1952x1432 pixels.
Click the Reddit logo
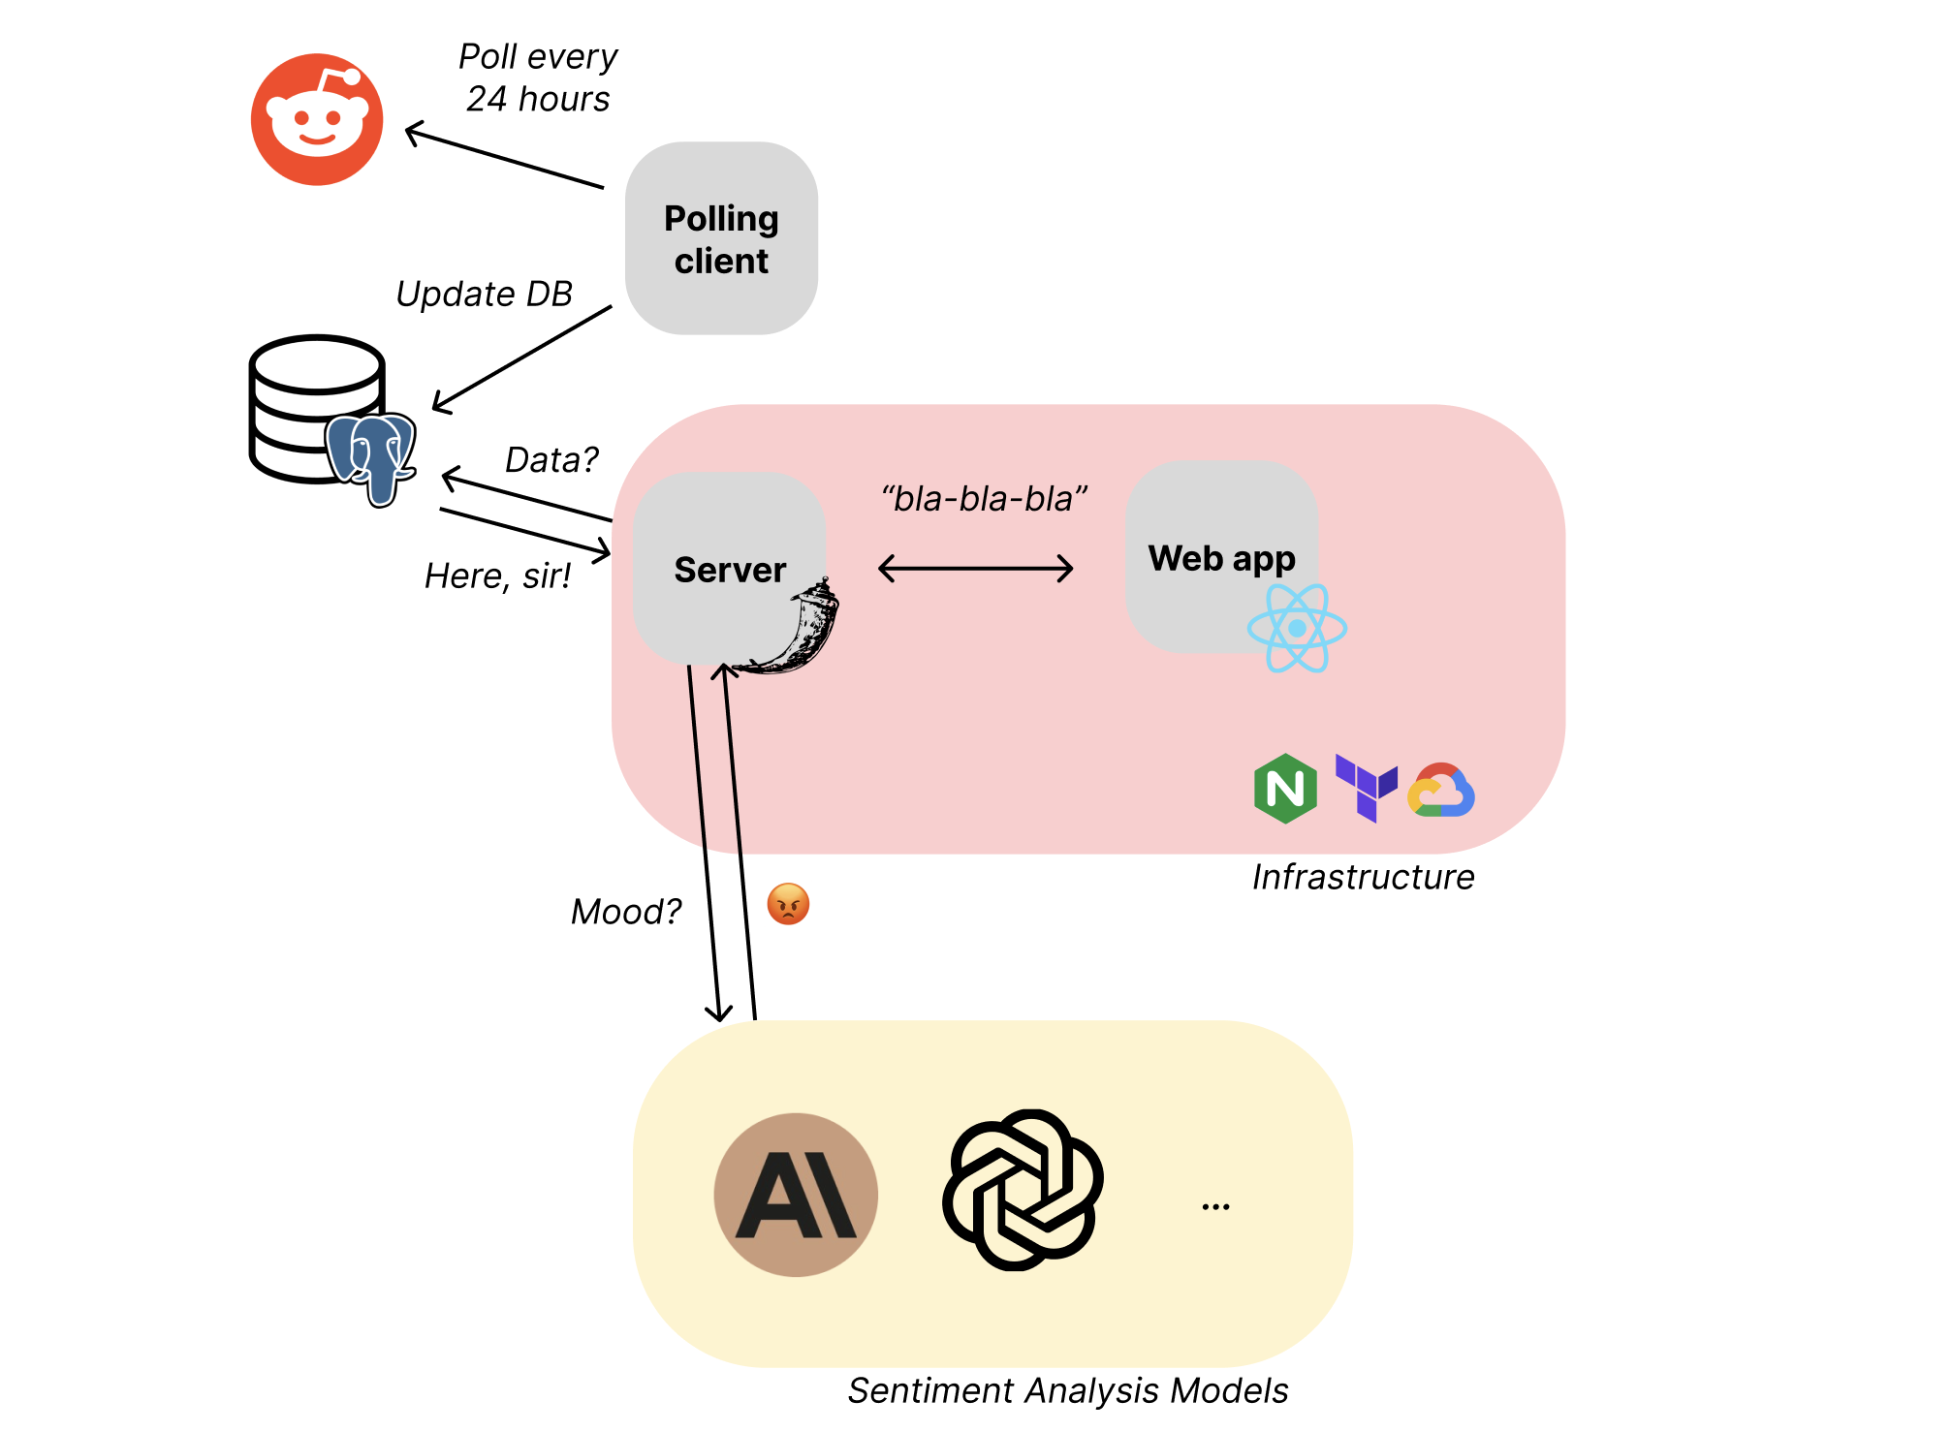[317, 119]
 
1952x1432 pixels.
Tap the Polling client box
[721, 238]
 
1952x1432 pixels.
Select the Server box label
[730, 570]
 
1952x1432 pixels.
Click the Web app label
[1221, 559]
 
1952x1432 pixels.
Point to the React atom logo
[1297, 628]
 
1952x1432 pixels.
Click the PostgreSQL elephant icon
[371, 459]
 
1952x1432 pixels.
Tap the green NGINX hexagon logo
[1285, 789]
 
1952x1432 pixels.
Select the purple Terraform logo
[1367, 788]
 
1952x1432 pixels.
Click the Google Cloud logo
[1441, 790]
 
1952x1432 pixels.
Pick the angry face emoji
[788, 904]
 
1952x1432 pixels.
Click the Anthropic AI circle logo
[796, 1195]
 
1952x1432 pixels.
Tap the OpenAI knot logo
[1023, 1190]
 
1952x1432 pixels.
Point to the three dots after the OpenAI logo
[1215, 1207]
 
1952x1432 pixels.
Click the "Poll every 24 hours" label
[538, 78]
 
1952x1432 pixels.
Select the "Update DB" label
[485, 294]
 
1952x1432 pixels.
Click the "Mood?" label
[626, 912]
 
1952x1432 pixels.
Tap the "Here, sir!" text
[498, 576]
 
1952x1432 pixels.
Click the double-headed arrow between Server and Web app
[975, 568]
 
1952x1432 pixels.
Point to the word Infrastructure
[1364, 877]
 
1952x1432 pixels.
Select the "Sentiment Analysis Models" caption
[1068, 1390]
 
